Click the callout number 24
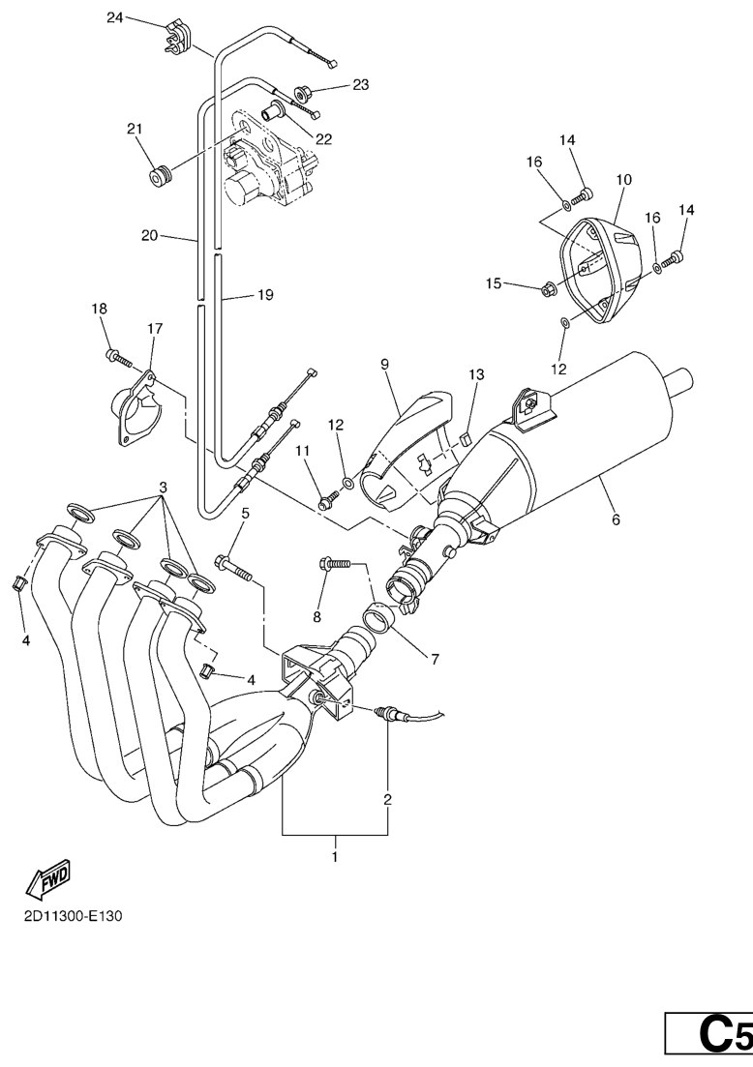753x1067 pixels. [x=115, y=16]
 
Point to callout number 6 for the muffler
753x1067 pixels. [x=616, y=519]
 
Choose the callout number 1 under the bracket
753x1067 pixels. [x=335, y=856]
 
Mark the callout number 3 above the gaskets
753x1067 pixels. [x=164, y=488]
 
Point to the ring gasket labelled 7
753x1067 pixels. [x=380, y=614]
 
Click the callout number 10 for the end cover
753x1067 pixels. [x=623, y=180]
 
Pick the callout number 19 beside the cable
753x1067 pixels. [x=265, y=296]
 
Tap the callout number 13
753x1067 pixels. [x=476, y=374]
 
